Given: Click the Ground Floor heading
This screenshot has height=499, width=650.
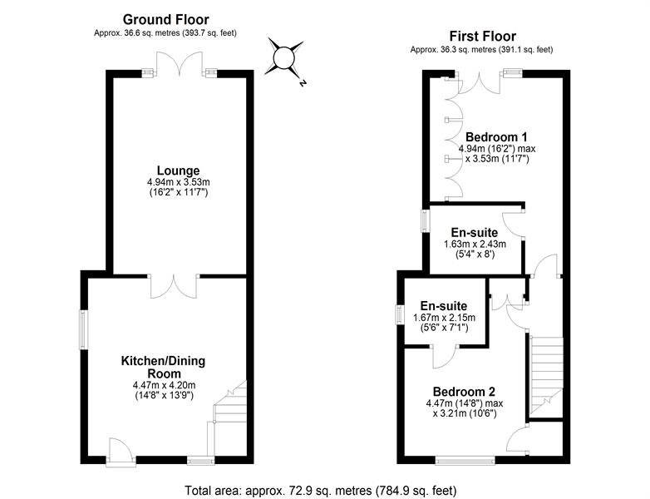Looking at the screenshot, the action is pos(165,19).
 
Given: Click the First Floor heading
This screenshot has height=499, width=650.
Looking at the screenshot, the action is pos(483,36).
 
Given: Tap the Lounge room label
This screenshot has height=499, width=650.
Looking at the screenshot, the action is pos(178,170).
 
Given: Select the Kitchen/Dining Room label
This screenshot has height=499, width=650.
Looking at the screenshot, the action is pos(163,367).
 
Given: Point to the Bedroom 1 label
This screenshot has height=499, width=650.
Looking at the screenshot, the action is pos(495,137).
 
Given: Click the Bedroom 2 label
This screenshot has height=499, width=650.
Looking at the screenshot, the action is pos(464,392).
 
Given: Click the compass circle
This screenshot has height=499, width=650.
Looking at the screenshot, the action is pos(284,57).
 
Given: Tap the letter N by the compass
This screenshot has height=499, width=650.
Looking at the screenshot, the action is pos(303,83).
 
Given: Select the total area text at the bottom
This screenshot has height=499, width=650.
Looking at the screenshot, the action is pos(321,491).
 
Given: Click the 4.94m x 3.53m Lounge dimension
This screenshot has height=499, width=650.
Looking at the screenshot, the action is pos(178,182).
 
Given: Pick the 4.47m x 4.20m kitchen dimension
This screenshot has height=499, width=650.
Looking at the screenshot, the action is pos(164,385).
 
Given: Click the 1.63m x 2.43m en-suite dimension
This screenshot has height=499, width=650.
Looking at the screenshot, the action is pos(475,244).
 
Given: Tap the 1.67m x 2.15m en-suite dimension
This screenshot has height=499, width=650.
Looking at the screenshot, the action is pos(444,318).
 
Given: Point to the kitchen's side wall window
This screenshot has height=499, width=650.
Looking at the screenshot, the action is pos(84,330).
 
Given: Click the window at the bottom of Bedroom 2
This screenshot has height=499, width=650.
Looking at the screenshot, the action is pos(465,460).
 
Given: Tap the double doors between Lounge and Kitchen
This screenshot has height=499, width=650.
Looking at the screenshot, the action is pos(173,286).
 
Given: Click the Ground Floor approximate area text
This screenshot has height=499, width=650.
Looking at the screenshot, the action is pos(165,33).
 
